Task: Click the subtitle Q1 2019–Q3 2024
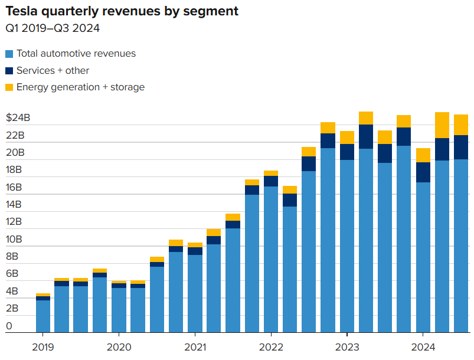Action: pyautogui.click(x=53, y=28)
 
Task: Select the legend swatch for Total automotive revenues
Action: pyautogui.click(x=9, y=54)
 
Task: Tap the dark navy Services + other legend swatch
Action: pyautogui.click(x=9, y=71)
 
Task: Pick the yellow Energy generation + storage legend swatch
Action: pyautogui.click(x=9, y=87)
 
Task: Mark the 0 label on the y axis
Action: pyautogui.click(x=9, y=326)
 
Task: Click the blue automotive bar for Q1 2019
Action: pyautogui.click(x=43, y=316)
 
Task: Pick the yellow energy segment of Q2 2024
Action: pyautogui.click(x=442, y=125)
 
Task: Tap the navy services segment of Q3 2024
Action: pyautogui.click(x=461, y=148)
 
